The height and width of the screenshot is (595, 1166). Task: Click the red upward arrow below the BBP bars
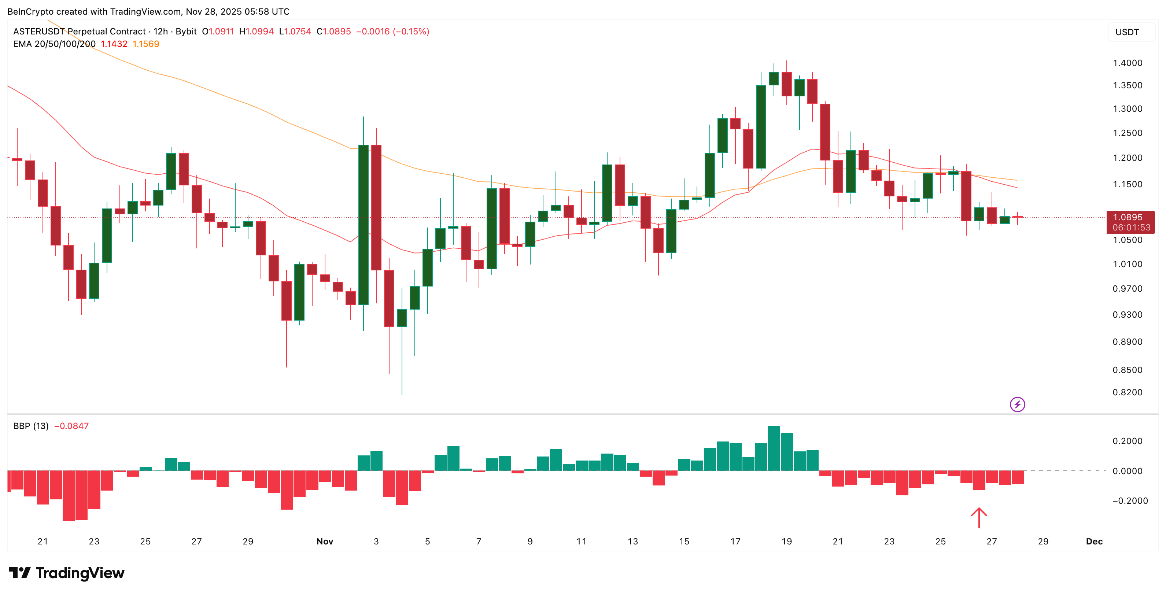pos(979,518)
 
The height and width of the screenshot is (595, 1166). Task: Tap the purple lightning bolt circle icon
pos(1018,404)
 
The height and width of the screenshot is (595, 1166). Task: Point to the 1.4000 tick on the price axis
pos(1127,63)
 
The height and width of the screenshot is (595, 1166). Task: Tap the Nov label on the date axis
pos(325,541)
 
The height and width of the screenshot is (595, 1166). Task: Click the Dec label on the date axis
pos(1094,541)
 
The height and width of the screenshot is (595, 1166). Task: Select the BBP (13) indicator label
pos(31,426)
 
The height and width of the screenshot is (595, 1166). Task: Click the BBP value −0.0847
pos(71,426)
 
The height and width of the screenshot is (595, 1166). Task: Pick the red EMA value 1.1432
pos(114,44)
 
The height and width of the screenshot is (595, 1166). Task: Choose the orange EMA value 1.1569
pos(146,44)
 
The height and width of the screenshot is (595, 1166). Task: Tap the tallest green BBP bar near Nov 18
pos(774,448)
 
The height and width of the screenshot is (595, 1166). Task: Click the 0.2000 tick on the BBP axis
pos(1127,441)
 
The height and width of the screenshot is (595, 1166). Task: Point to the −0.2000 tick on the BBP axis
pos(1130,500)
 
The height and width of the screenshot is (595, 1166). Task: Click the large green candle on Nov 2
pos(363,225)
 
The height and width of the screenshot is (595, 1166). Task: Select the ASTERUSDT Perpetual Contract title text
pos(79,31)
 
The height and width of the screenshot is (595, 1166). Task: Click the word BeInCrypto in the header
pos(30,11)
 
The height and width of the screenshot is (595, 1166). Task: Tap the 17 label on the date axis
pos(735,541)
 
